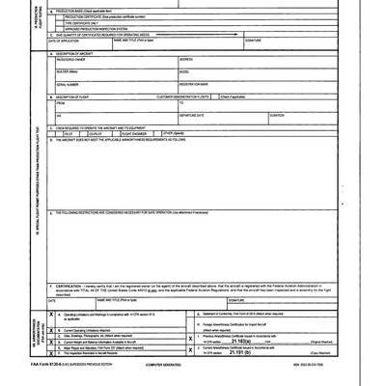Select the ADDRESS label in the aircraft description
click(186, 59)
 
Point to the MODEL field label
click(184, 71)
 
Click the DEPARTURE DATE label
click(194, 115)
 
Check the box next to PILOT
click(65, 132)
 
